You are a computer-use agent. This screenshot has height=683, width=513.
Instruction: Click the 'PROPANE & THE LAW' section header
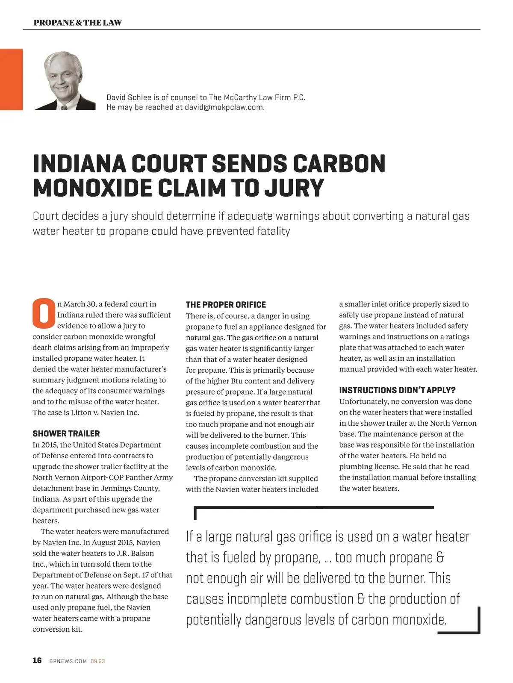coord(77,23)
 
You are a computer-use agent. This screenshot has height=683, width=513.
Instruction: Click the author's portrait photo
coord(64,81)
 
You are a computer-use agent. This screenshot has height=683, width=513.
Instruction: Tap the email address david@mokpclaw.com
coord(224,107)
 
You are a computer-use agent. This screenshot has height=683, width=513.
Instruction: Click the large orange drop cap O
coord(44,314)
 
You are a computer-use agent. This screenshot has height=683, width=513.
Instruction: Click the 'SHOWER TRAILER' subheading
coord(66,433)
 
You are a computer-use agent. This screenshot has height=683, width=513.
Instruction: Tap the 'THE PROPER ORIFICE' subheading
coord(226,305)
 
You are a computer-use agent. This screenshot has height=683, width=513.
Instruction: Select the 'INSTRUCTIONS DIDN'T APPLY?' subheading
coord(397,390)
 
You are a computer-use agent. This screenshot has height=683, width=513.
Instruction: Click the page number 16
coord(37,660)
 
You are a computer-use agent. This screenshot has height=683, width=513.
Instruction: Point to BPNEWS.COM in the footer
coord(68,661)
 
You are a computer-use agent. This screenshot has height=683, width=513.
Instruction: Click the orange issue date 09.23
coord(98,661)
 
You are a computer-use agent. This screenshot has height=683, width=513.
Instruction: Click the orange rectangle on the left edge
coord(11,79)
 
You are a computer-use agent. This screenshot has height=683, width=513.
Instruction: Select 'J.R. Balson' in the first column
coord(135,553)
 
